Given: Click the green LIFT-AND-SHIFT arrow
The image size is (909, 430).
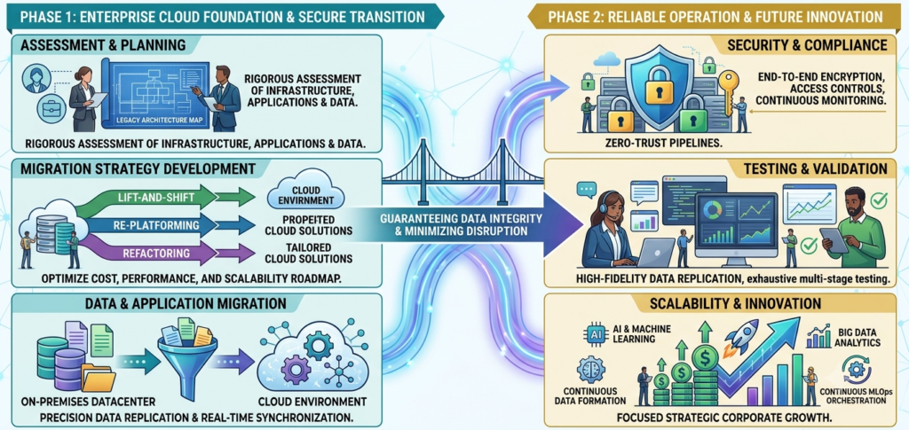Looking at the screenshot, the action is (x=168, y=198).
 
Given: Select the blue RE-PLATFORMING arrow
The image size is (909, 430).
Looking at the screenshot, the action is (x=168, y=225).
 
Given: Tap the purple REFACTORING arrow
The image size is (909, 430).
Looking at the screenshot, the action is (x=168, y=253).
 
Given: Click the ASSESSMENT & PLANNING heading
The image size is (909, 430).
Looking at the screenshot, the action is (x=105, y=46).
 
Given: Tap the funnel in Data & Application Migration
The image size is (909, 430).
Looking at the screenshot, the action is (x=187, y=353).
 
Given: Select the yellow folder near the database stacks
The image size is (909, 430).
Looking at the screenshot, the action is (x=99, y=378).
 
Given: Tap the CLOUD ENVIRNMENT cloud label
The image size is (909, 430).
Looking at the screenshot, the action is (x=305, y=196).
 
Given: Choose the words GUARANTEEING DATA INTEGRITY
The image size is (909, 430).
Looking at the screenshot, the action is (x=461, y=219).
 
